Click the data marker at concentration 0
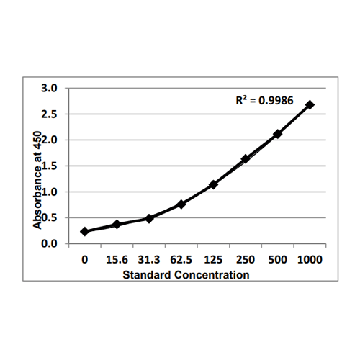tap(85, 231)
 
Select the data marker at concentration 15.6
tap(117, 224)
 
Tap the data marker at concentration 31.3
tap(149, 218)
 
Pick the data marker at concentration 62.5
tap(181, 204)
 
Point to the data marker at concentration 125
tap(213, 184)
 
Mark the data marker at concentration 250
tap(246, 158)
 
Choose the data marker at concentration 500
tap(278, 133)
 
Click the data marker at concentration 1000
tap(310, 104)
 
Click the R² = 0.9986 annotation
tap(264, 102)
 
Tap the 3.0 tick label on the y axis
tap(52, 88)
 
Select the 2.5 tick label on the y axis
tap(52, 114)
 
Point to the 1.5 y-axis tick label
tap(52, 166)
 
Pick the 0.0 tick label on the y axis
tap(52, 243)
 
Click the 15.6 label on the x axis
tap(117, 258)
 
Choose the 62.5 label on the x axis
tap(181, 258)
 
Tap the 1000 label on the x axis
tap(310, 258)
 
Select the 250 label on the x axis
tap(246, 258)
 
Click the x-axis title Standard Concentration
tap(186, 275)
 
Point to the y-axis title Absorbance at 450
tap(37, 180)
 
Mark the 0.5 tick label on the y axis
tap(52, 217)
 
